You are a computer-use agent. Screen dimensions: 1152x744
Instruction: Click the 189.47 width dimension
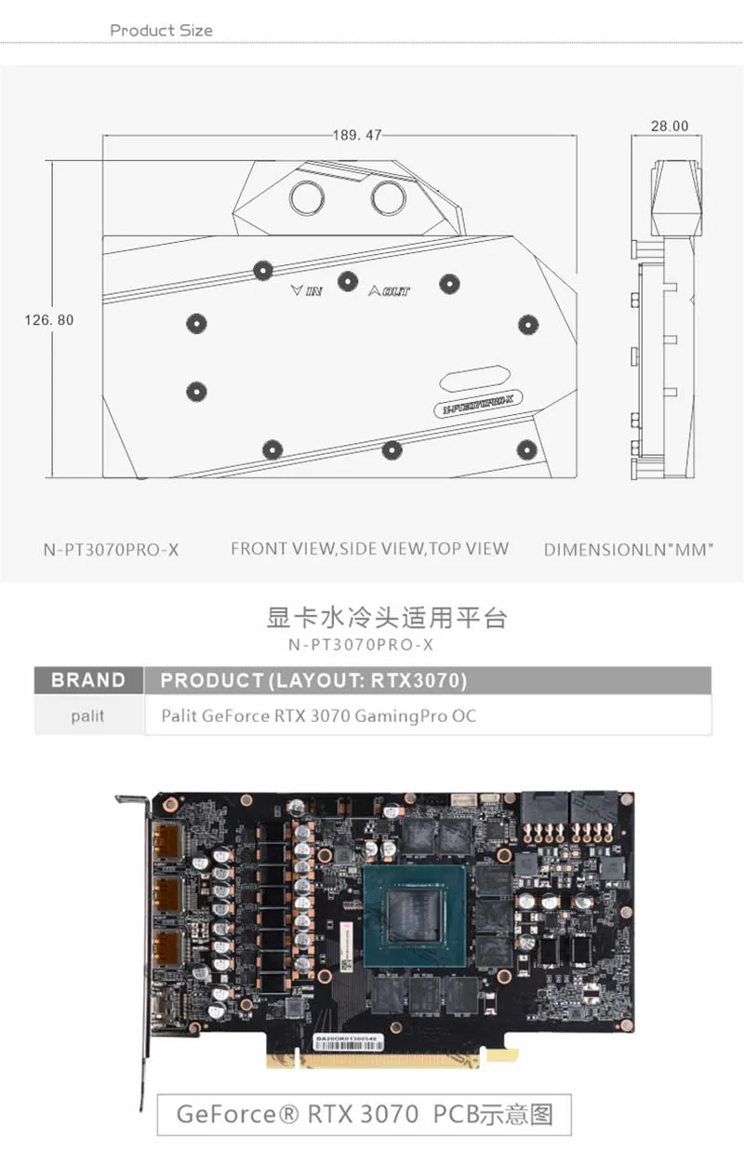pos(357,135)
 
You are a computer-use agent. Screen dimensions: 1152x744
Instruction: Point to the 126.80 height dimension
pos(48,320)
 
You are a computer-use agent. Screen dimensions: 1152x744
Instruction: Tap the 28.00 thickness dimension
pos(670,126)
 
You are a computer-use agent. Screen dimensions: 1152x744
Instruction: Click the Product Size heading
pos(161,31)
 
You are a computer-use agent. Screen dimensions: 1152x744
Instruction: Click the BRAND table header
pos(88,680)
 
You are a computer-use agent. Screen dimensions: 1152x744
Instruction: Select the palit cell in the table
pos(87,717)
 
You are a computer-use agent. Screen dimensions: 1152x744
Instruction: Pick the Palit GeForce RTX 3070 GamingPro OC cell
pos(318,717)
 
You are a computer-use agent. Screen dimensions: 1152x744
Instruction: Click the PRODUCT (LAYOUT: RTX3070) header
pos(313,680)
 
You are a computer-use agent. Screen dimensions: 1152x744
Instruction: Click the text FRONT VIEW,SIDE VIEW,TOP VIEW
pos(369,548)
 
